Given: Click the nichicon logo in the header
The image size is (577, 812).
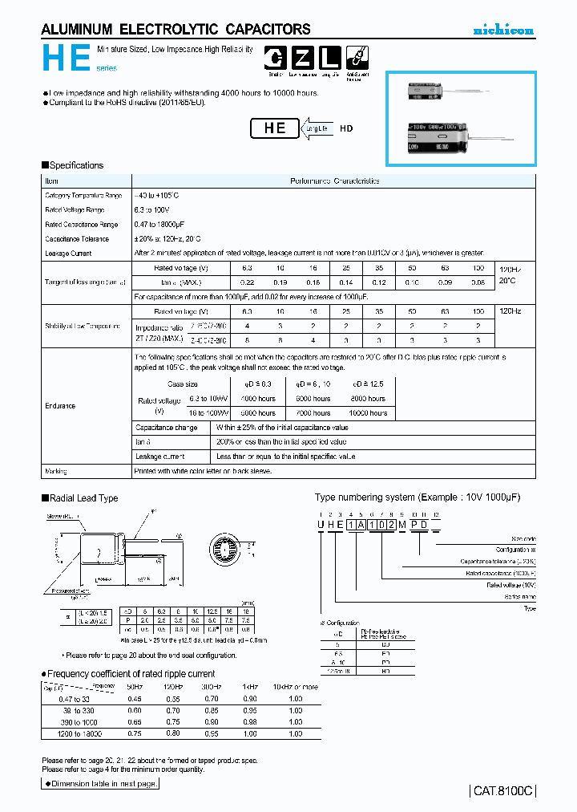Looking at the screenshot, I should coord(502,30).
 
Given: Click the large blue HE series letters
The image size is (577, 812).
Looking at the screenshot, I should coord(61,59).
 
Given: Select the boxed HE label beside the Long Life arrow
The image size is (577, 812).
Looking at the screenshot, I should coord(275,128).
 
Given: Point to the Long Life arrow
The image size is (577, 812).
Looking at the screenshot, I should coord(314,128).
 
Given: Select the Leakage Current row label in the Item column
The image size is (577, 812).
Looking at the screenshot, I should coord(68,254).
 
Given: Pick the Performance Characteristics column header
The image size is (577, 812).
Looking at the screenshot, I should coord(334,181).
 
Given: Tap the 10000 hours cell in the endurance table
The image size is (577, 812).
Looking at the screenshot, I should coord(369,413).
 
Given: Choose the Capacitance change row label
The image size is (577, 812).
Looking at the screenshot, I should coord(166,428).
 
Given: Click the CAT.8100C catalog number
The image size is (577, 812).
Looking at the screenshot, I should coord(502,790).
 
